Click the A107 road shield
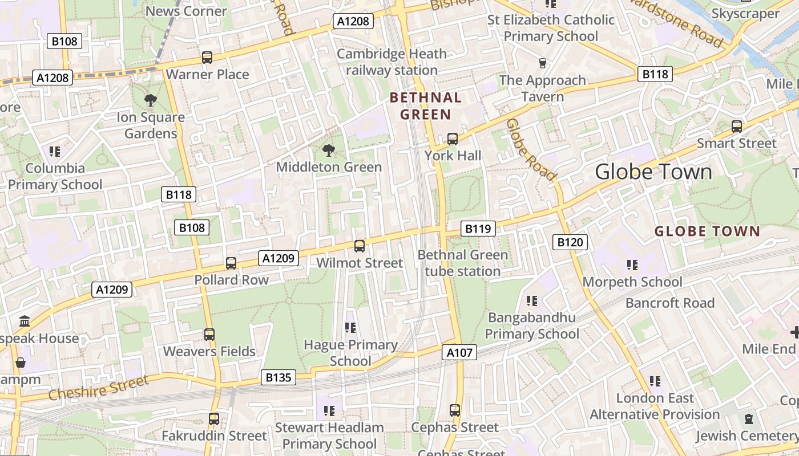(459, 353)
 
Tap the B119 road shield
(478, 229)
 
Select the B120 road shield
(570, 242)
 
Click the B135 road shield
(279, 377)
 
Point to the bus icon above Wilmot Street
(360, 246)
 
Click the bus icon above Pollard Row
(231, 263)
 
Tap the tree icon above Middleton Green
(328, 150)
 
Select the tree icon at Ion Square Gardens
(151, 101)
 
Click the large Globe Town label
(653, 172)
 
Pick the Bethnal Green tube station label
(462, 263)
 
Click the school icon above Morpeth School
(632, 265)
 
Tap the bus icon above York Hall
(453, 139)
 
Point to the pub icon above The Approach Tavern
(543, 63)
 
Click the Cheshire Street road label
(98, 388)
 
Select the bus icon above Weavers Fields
(209, 335)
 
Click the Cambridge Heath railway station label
(392, 62)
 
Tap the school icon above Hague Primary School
(350, 328)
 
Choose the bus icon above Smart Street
(737, 127)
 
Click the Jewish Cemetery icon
(748, 420)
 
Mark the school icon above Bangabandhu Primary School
(532, 300)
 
